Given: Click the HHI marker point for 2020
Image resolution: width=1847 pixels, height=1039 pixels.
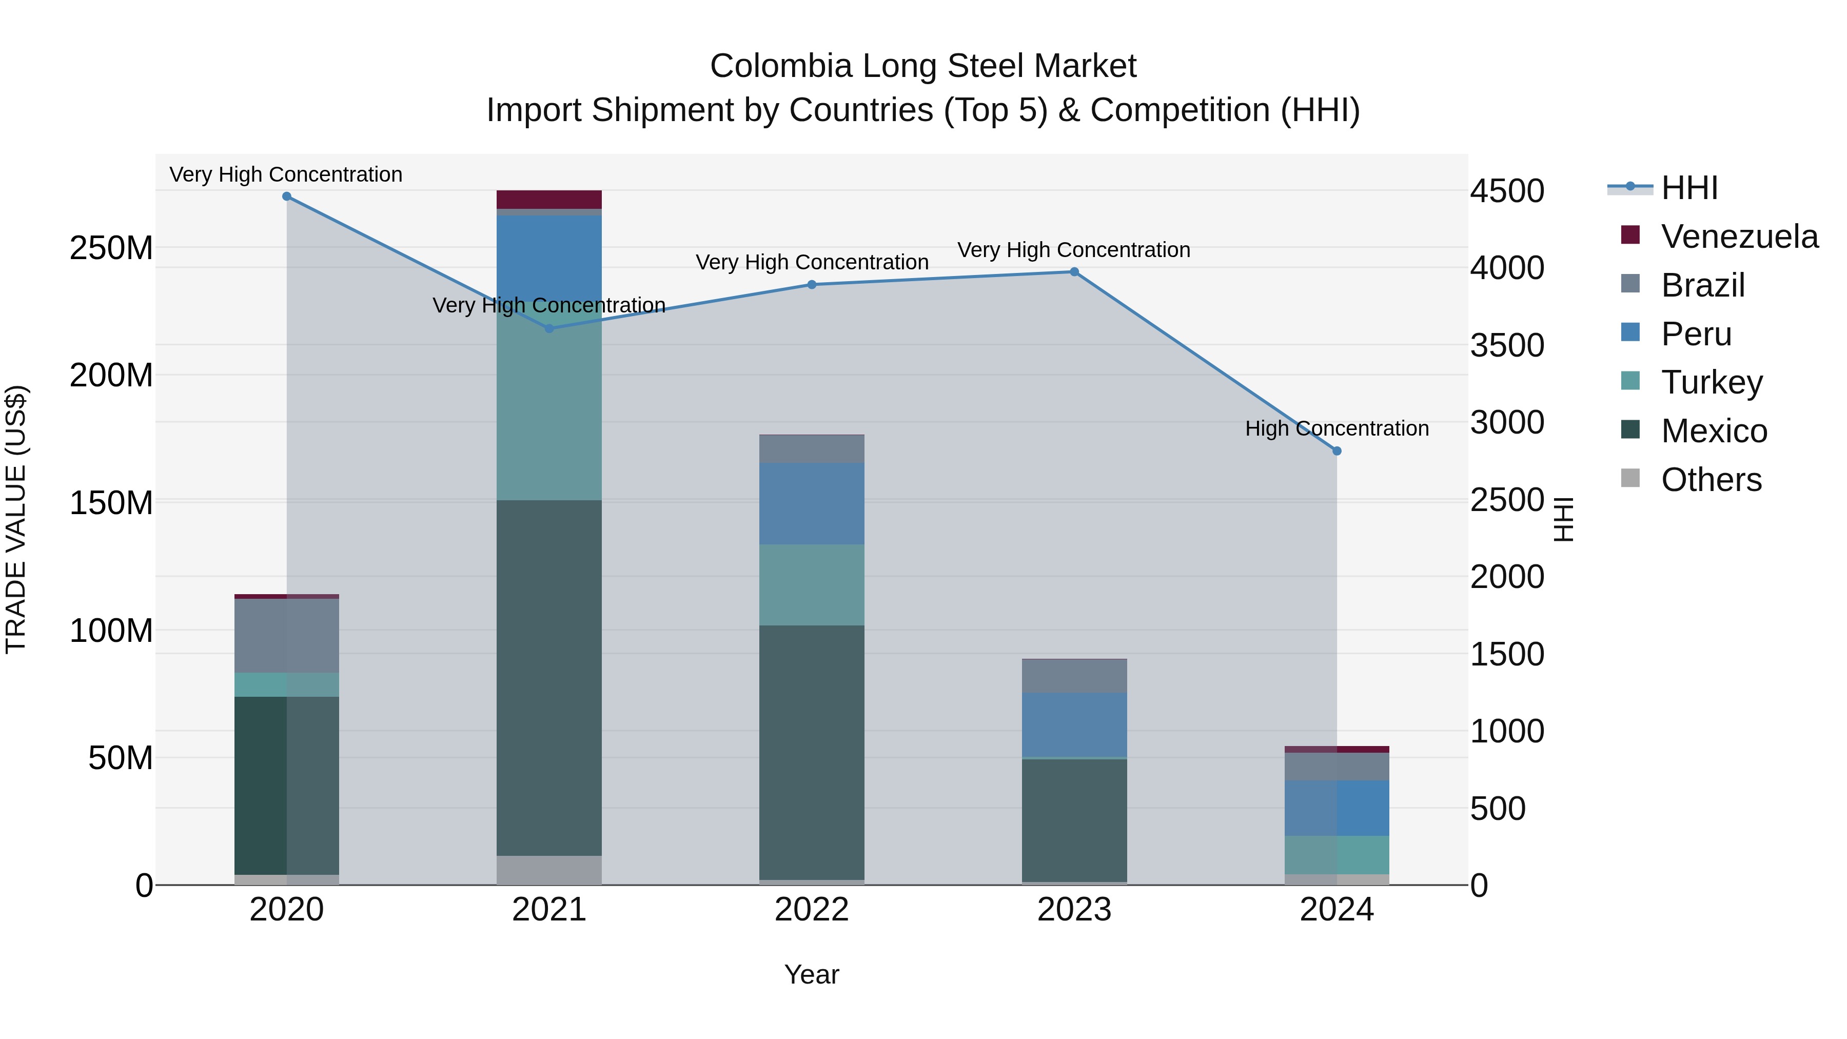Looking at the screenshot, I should tap(287, 197).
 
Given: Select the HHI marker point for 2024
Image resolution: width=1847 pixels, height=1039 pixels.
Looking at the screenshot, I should tap(1337, 451).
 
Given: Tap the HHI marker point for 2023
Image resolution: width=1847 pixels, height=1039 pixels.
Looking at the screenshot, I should tap(1074, 272).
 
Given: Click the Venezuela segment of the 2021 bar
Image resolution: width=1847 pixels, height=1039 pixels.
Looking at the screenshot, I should tap(549, 200).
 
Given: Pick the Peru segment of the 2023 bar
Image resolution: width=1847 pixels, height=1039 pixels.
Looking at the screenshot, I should tap(1074, 724).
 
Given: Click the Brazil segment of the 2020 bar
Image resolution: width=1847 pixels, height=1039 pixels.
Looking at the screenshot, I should tap(287, 635).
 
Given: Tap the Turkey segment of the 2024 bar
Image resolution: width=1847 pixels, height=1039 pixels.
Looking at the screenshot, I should tap(1337, 855).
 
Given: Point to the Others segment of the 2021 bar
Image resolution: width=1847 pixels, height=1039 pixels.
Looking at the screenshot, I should tap(549, 870).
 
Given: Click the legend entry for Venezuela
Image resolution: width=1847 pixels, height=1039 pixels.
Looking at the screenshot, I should tap(1739, 237).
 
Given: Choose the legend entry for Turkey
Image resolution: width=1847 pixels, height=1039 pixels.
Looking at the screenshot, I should tap(1712, 382).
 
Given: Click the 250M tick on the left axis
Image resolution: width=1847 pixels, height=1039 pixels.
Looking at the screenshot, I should tap(111, 248).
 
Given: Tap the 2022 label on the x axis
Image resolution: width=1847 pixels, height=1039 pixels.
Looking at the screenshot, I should tap(812, 910).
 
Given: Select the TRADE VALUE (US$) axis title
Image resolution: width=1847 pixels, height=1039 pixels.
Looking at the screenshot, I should tap(16, 519).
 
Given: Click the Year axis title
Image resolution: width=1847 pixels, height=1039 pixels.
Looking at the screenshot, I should tap(812, 974).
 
